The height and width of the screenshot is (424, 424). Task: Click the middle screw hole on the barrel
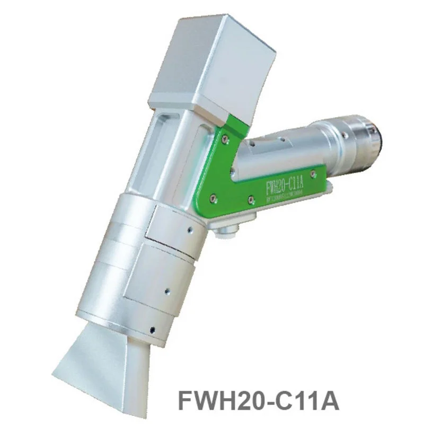tap(166, 290)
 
